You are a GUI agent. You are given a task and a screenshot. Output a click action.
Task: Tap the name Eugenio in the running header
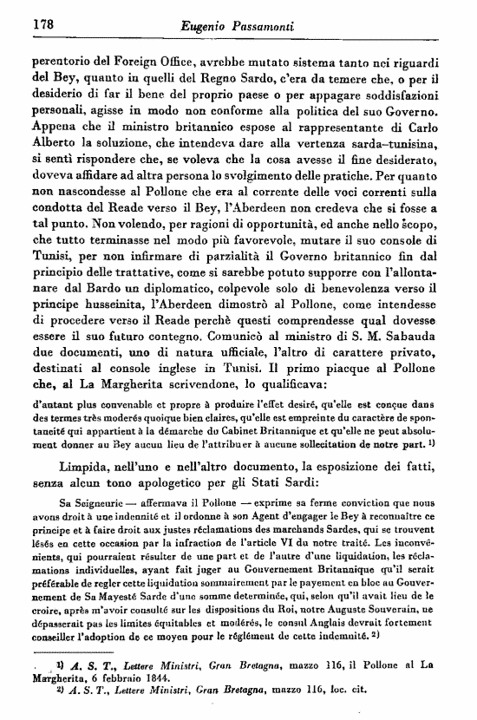pyautogui.click(x=209, y=29)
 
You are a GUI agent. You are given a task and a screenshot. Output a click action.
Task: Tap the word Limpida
pyautogui.click(x=80, y=467)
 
